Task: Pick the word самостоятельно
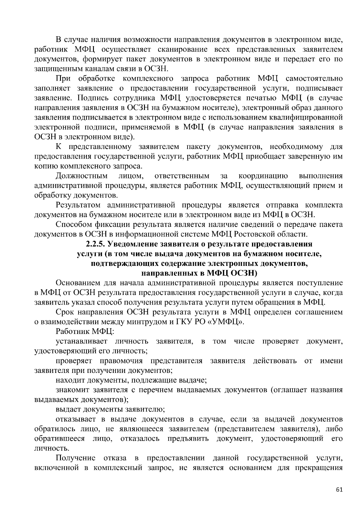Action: click(x=314, y=79)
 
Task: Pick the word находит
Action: click(x=70, y=380)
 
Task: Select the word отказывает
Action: click(x=75, y=419)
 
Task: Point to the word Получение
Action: click(x=76, y=458)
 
